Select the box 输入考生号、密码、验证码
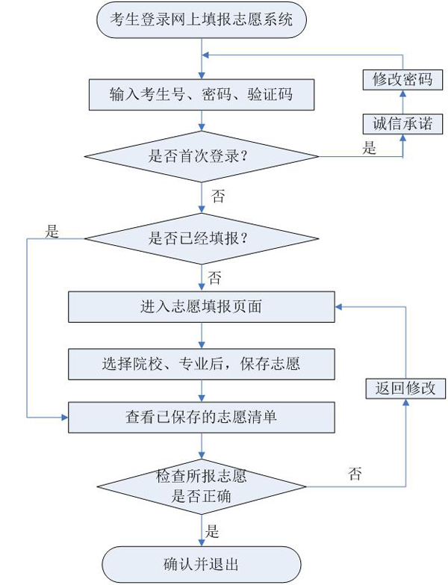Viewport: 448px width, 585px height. tap(201, 94)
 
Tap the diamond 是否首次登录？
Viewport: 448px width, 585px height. tap(201, 157)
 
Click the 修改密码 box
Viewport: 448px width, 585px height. tap(402, 79)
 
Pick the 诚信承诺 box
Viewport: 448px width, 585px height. tap(402, 123)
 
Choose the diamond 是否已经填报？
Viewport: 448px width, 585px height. tap(201, 239)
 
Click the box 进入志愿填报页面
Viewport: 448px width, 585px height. tap(201, 306)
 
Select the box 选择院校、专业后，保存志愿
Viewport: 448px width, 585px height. tap(201, 364)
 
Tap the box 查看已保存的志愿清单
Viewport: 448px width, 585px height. tap(201, 417)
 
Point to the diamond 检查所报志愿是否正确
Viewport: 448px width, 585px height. tap(201, 486)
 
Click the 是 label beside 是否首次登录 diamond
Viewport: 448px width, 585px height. tap(369, 147)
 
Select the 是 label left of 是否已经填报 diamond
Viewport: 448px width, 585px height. tap(52, 231)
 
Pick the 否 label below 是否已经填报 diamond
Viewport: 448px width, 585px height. tap(214, 279)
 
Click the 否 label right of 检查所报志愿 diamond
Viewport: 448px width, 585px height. tap(355, 474)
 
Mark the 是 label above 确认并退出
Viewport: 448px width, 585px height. tap(213, 532)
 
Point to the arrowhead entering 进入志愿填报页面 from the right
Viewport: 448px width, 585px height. tap(338, 306)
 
